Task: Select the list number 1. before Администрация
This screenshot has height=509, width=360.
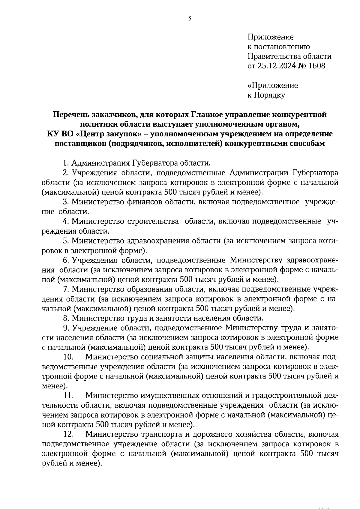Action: pos(66,163)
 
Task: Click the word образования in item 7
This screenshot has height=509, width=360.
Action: pos(150,289)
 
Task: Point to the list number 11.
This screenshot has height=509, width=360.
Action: pos(69,396)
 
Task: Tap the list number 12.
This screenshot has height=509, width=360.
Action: pos(69,434)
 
